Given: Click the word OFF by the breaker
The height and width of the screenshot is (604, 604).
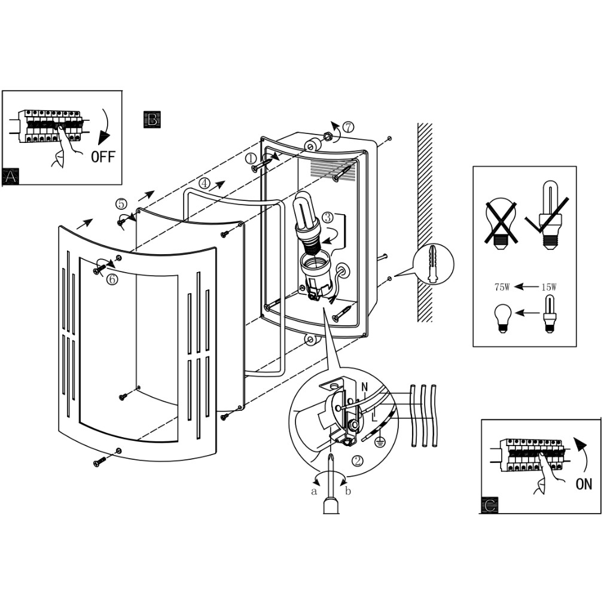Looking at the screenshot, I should [102, 157].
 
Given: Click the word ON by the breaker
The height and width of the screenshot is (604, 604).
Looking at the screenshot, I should [584, 483].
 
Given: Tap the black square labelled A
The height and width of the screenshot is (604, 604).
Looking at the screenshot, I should [11, 176].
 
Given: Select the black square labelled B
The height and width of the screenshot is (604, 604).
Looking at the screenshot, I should [152, 119].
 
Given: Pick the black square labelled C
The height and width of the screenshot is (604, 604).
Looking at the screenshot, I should [489, 505].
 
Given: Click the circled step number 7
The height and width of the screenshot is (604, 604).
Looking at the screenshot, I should [348, 127].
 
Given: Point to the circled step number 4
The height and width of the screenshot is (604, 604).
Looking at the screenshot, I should [205, 184].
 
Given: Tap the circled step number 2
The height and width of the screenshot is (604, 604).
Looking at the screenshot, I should [357, 460].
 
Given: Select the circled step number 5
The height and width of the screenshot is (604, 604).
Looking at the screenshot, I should [121, 204].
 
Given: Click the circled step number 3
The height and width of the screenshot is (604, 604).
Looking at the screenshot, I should [328, 217].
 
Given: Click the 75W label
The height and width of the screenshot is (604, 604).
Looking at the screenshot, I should [501, 287].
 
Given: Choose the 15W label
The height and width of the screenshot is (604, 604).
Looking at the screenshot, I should [548, 287].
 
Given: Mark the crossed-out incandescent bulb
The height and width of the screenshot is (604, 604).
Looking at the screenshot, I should [501, 222].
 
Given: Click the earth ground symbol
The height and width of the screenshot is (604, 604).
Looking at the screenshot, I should [379, 443].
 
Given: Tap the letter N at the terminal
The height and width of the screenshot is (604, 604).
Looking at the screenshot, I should [364, 388].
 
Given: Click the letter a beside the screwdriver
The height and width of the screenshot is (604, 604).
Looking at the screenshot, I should [313, 492].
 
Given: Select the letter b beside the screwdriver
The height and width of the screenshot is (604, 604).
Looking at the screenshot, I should [348, 492].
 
